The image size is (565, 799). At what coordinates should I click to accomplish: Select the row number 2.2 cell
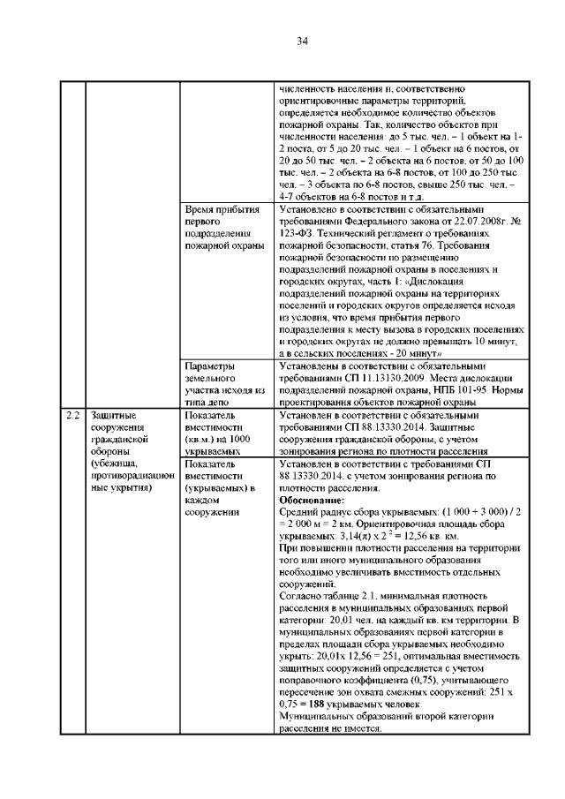[73, 414]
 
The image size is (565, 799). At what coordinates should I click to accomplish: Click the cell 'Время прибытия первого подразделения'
[222, 229]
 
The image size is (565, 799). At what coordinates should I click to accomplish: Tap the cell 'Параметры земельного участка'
[225, 377]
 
